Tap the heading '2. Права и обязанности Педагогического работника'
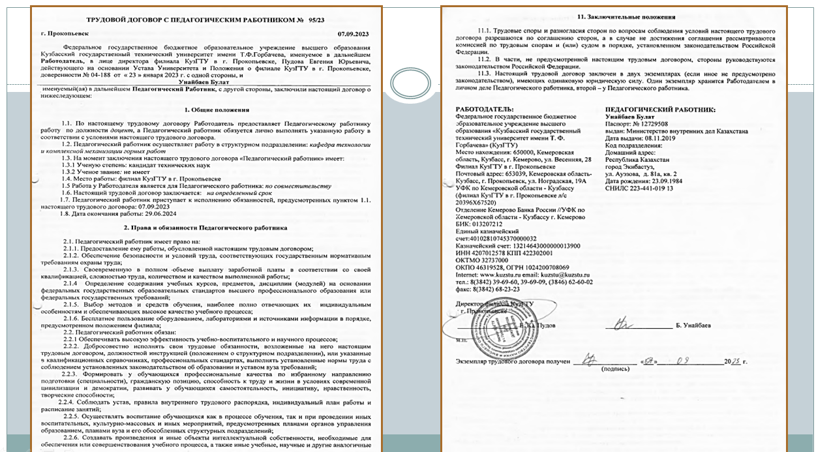pyautogui.click(x=205, y=228)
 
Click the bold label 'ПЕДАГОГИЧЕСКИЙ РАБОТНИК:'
pyautogui.click(x=660, y=110)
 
